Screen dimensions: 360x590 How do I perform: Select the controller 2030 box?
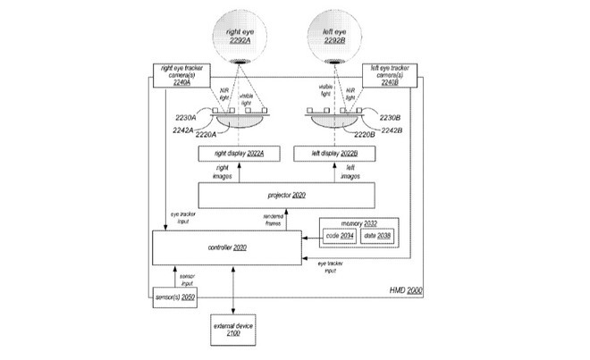click(x=227, y=247)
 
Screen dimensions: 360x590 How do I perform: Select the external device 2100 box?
click(x=234, y=329)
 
